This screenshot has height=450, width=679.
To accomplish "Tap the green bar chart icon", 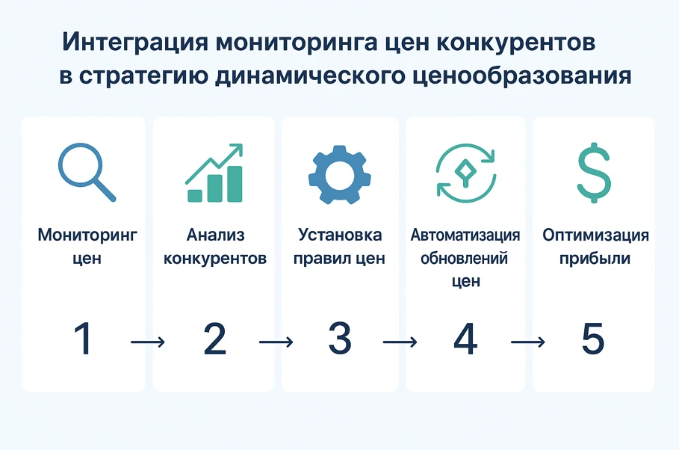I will click(214, 173).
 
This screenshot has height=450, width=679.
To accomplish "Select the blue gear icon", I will click(339, 173).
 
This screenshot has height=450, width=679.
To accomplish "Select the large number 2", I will click(214, 339).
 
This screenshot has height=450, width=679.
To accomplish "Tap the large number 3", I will click(340, 339).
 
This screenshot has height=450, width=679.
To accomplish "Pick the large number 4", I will click(465, 339).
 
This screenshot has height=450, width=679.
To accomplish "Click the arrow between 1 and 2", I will click(147, 342).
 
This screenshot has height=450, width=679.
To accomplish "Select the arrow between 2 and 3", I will click(276, 342).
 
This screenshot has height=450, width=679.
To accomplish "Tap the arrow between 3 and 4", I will click(400, 342).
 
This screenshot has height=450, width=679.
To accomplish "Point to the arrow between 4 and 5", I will click(528, 342).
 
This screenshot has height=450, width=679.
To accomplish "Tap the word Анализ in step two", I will click(215, 235).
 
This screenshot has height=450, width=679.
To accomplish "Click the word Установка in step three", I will click(340, 235).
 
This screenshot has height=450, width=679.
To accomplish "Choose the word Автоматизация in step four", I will click(465, 235).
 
